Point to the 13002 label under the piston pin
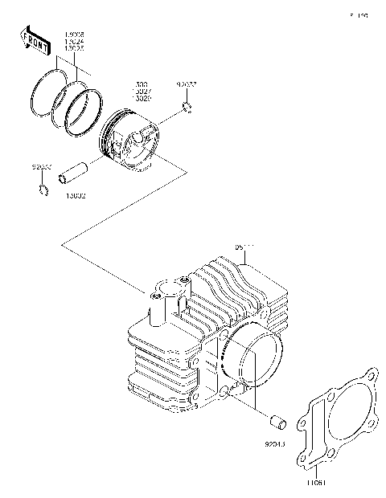click(76, 195)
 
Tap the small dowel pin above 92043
click(277, 421)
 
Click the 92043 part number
click(275, 443)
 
